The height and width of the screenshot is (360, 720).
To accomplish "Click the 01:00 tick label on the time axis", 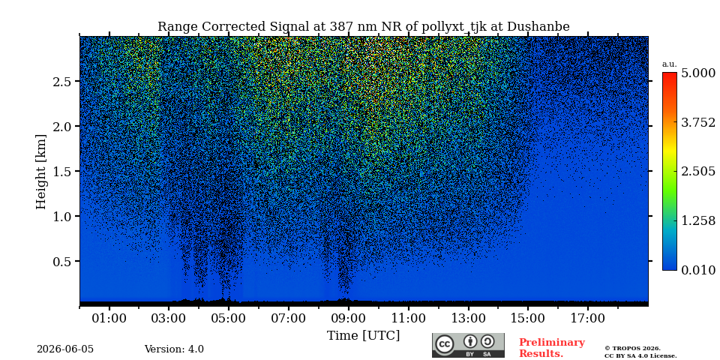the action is pyautogui.click(x=109, y=318).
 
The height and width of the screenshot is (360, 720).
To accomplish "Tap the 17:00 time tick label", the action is pyautogui.click(x=588, y=318).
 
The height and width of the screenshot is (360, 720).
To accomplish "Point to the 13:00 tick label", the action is pyautogui.click(x=468, y=318).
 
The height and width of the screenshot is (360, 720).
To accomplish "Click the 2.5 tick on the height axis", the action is pyautogui.click(x=62, y=81).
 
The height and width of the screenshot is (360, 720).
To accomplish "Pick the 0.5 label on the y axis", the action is pyautogui.click(x=62, y=261).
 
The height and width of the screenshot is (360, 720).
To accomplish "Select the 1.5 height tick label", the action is pyautogui.click(x=62, y=171).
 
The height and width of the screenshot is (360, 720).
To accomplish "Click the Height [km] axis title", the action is pyautogui.click(x=41, y=171).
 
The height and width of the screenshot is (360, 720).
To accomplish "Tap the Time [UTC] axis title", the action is pyautogui.click(x=363, y=336).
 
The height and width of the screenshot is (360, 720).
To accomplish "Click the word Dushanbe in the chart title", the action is pyautogui.click(x=538, y=27).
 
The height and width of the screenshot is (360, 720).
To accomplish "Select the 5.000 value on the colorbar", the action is pyautogui.click(x=698, y=73).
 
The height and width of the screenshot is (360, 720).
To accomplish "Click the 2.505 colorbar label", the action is pyautogui.click(x=698, y=171).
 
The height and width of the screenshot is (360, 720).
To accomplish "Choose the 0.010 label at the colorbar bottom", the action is pyautogui.click(x=698, y=270).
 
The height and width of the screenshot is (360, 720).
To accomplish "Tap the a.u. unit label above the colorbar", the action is pyautogui.click(x=670, y=64).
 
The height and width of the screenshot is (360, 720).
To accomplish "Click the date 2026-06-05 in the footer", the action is pyautogui.click(x=65, y=349).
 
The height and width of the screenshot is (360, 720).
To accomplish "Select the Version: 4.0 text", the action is pyautogui.click(x=174, y=349).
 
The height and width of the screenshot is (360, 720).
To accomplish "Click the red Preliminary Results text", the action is pyautogui.click(x=552, y=348).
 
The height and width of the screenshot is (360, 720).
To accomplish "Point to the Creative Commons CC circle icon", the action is pyautogui.click(x=445, y=344).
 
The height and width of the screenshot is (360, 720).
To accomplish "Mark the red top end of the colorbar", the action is pyautogui.click(x=670, y=73).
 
